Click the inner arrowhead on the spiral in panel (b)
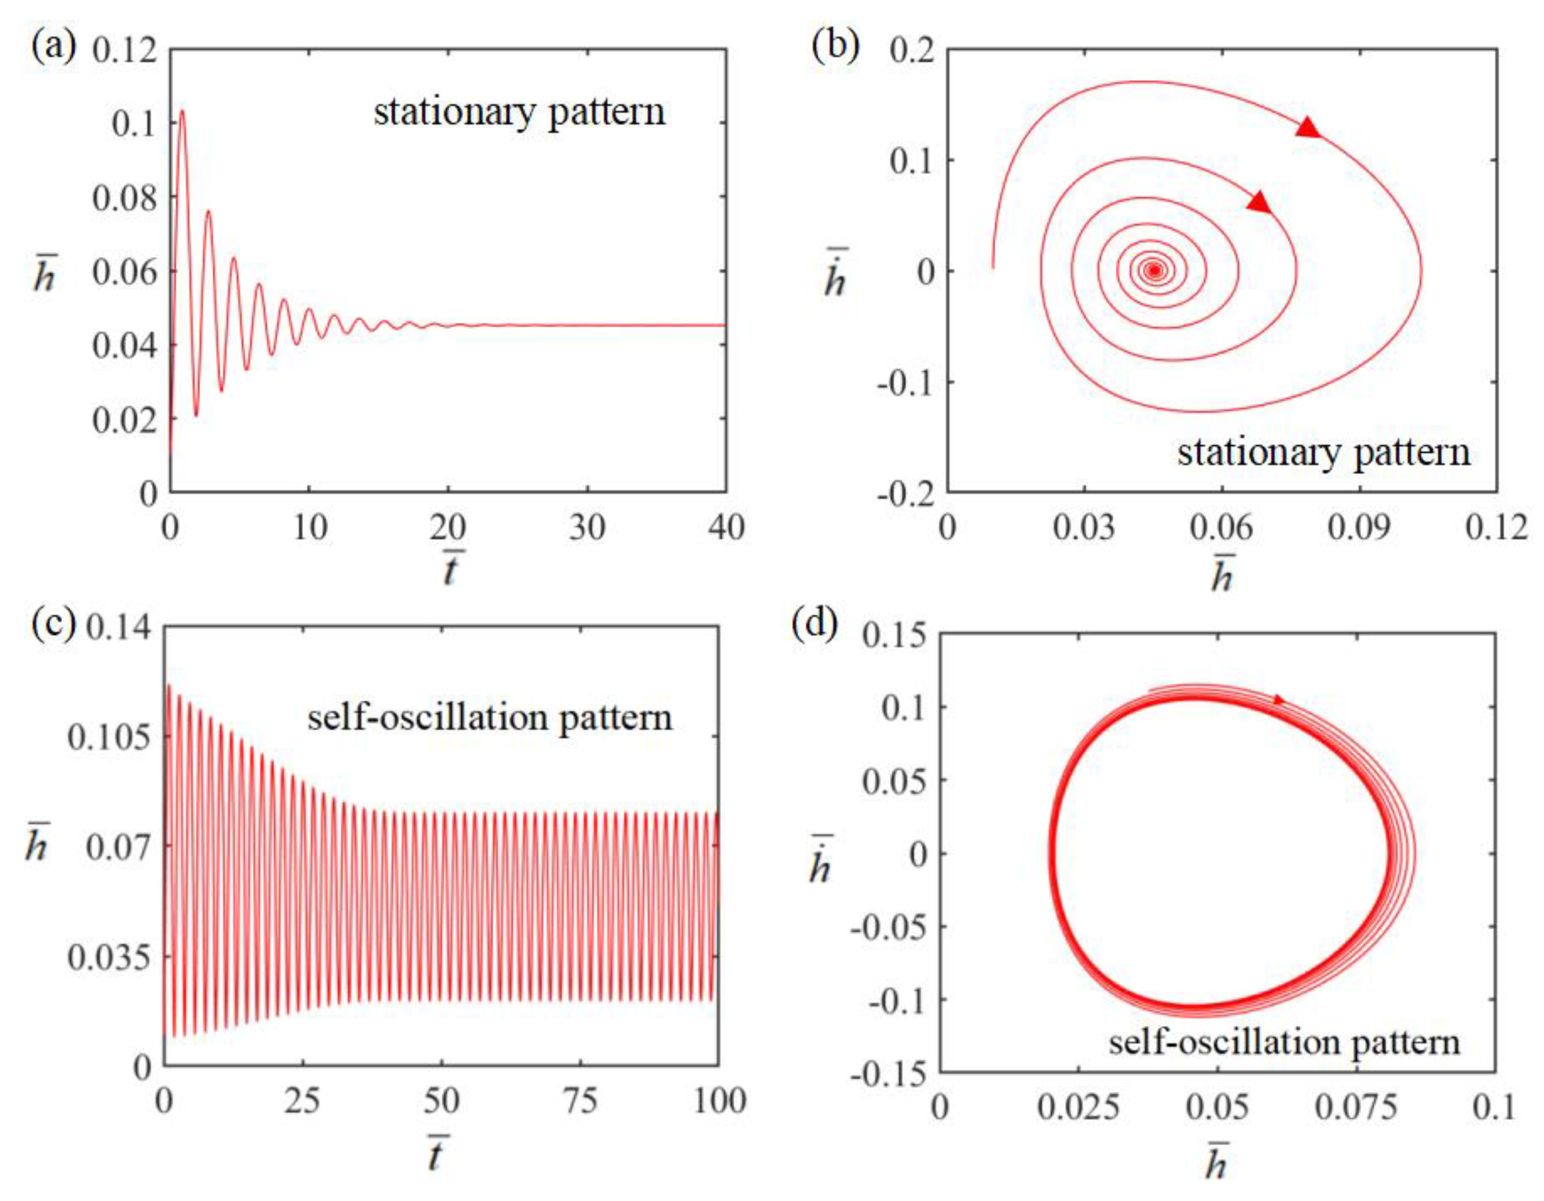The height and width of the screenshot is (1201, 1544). [1259, 203]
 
